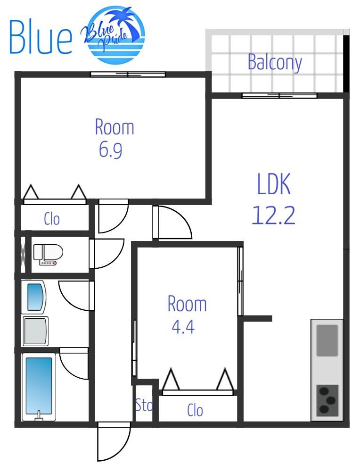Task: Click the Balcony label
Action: (x=275, y=62)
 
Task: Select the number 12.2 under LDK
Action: (x=273, y=215)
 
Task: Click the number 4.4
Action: (x=183, y=326)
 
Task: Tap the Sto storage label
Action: (x=144, y=405)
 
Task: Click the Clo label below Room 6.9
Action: (x=52, y=219)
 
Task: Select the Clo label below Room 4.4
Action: (x=195, y=410)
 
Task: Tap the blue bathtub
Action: (x=39, y=387)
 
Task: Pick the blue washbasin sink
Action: (x=35, y=297)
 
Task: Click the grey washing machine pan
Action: (x=35, y=331)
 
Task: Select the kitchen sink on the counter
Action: (x=327, y=340)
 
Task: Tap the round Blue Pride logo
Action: (x=115, y=35)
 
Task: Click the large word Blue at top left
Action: (x=41, y=37)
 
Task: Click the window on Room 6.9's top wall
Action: (x=128, y=74)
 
